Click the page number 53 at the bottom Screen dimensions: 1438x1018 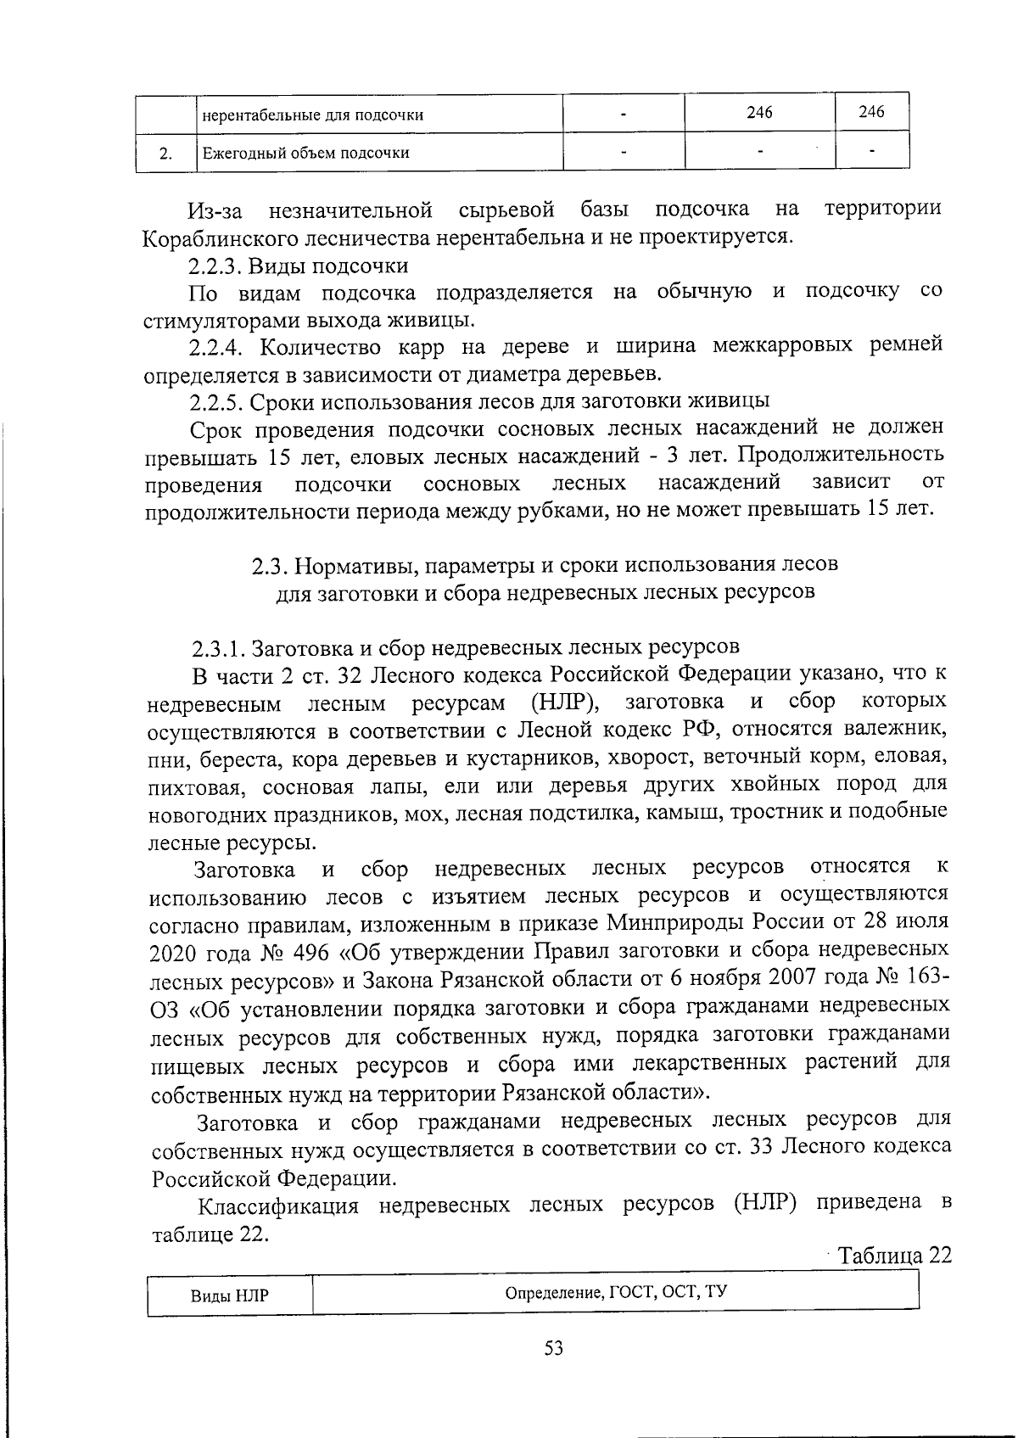[x=554, y=1349]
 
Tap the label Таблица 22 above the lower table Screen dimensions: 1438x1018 [x=894, y=1256]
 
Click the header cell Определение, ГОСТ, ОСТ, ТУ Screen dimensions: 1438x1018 [x=616, y=1293]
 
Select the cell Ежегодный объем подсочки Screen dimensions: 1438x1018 [x=305, y=154]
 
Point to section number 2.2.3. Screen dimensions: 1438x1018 [x=215, y=266]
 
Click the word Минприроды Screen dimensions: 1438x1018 [x=685, y=922]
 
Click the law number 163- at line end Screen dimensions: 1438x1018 [x=921, y=976]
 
